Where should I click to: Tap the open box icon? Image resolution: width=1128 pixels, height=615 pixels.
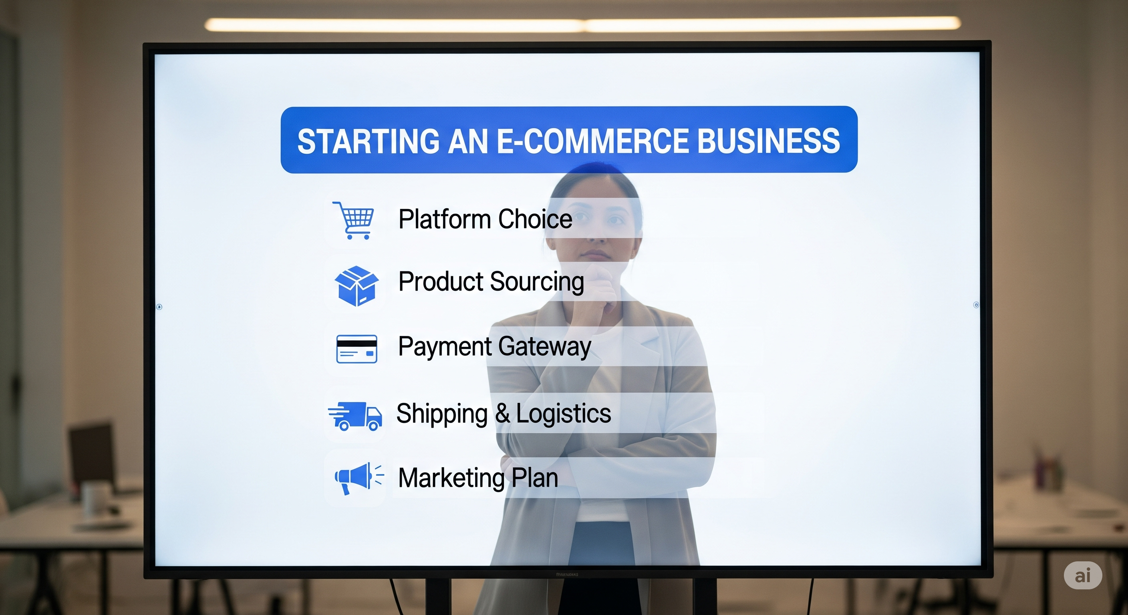click(x=357, y=285)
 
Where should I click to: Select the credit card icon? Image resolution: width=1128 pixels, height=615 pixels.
click(x=357, y=349)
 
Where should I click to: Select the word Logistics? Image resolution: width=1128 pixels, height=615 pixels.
click(x=564, y=414)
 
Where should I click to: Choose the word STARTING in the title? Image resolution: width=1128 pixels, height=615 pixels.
click(x=368, y=141)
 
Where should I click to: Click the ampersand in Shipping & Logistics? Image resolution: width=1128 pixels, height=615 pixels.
click(x=502, y=414)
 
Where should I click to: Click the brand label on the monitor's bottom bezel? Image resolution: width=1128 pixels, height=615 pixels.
click(x=567, y=574)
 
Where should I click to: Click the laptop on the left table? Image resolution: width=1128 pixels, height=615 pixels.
click(x=92, y=455)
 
